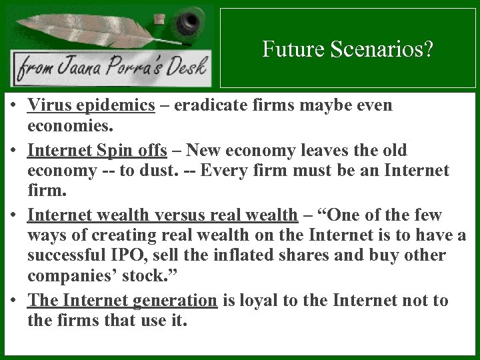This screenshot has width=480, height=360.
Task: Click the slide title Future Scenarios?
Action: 347,49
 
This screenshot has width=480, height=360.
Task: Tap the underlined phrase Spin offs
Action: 137,150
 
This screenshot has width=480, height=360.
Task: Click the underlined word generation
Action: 175,300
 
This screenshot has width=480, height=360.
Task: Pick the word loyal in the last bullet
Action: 257,300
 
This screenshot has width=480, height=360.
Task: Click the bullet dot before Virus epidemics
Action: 13,106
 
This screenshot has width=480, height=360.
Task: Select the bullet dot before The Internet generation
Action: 13,301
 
